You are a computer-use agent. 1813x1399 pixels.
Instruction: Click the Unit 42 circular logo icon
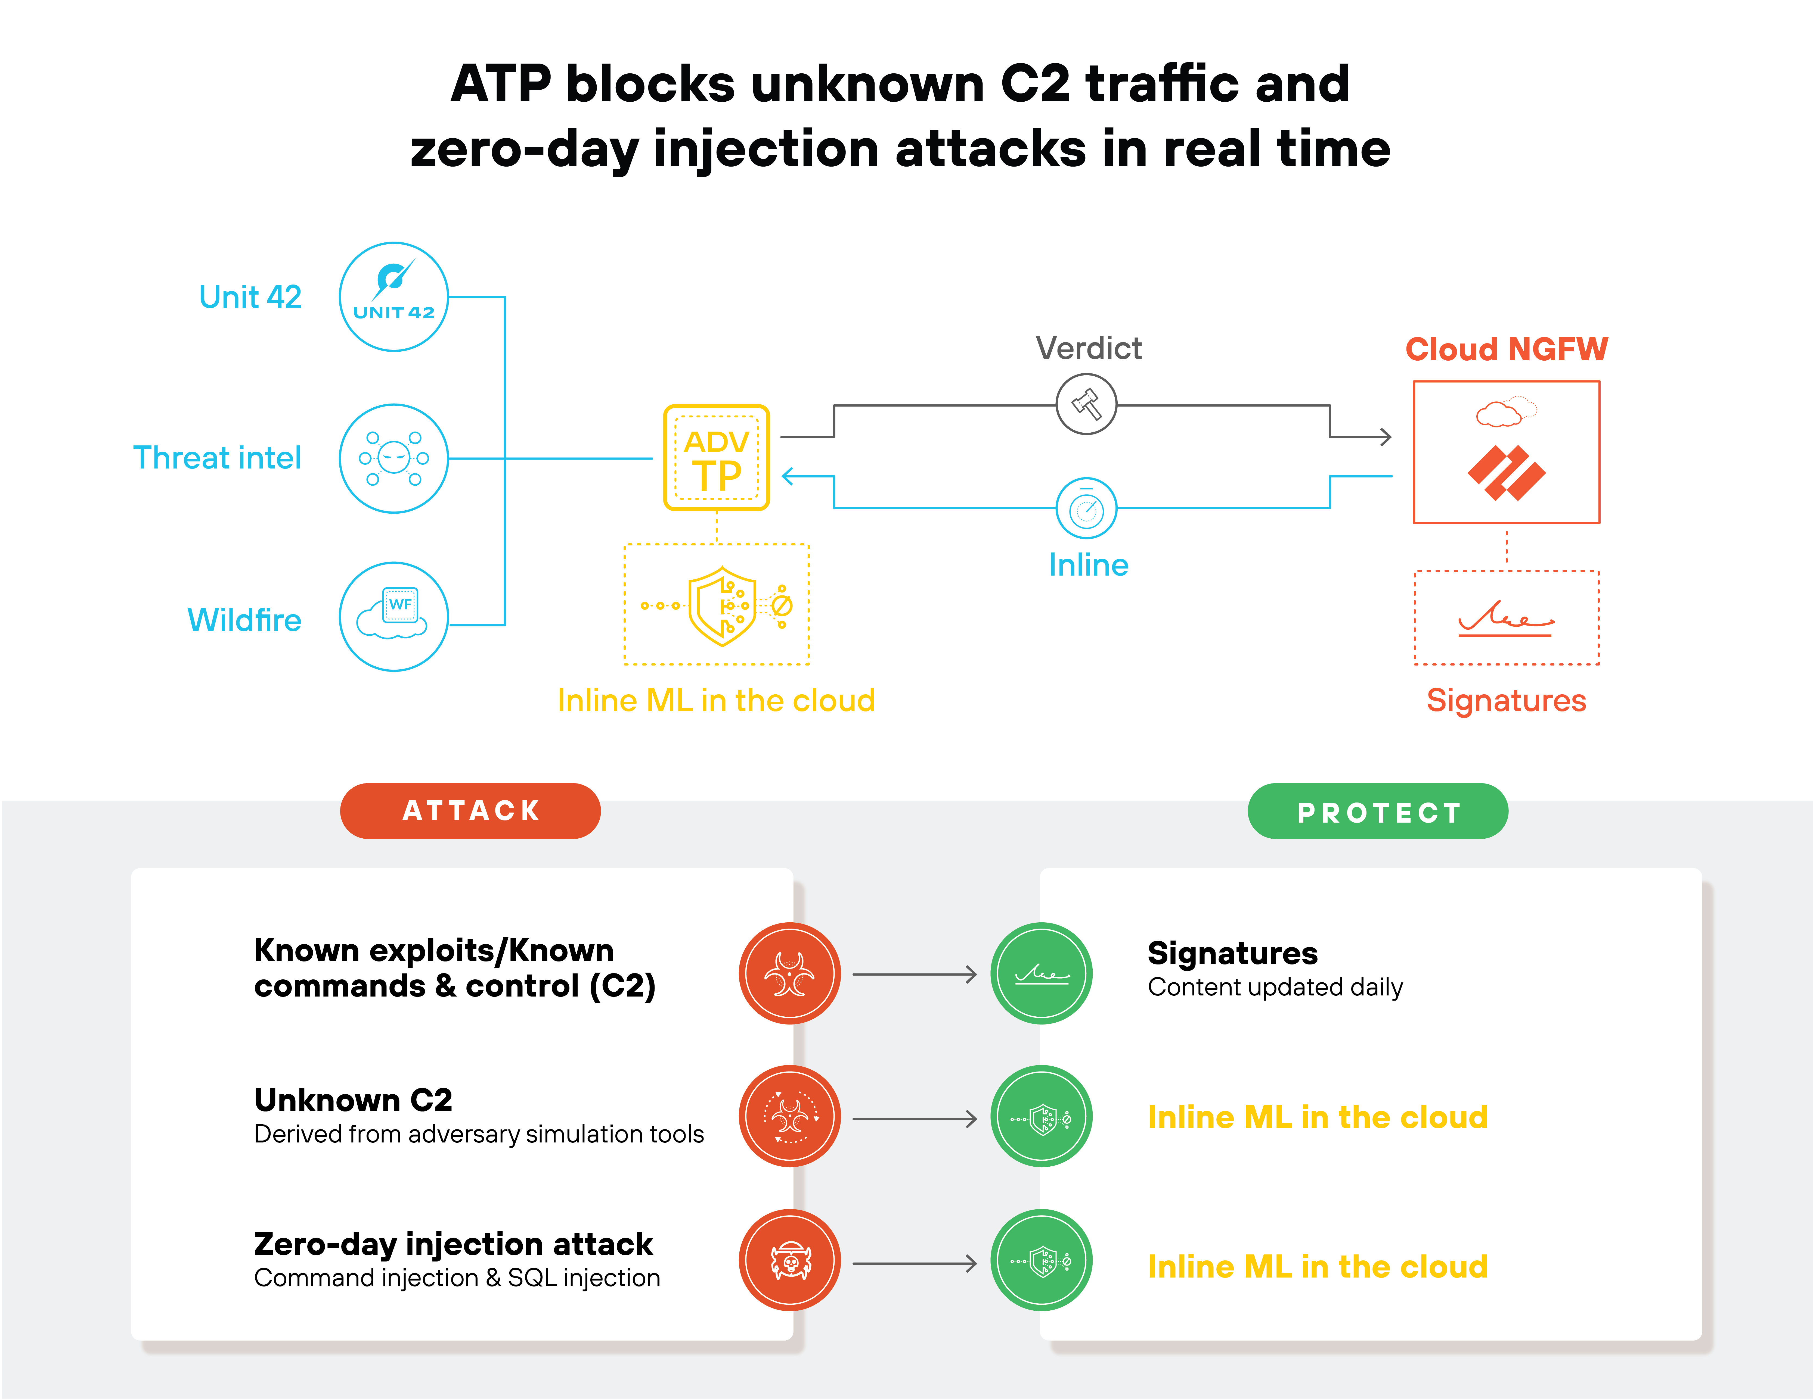click(x=393, y=296)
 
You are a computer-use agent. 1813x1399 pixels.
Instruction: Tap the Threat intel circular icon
click(x=393, y=458)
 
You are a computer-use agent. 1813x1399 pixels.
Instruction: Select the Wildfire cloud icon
click(x=393, y=617)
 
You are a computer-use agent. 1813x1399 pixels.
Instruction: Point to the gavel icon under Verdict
click(x=1086, y=404)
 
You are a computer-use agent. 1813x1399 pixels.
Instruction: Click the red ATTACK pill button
click(x=470, y=811)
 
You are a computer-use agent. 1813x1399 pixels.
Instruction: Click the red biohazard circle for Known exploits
click(x=789, y=973)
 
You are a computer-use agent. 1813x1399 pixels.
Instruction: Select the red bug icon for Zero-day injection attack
click(x=789, y=1260)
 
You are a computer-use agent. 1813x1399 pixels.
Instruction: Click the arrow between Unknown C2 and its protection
click(x=915, y=1119)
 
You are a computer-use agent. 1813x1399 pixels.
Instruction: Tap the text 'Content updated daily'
click(x=1275, y=988)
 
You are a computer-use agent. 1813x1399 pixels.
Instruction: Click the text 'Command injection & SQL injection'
click(x=457, y=1278)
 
